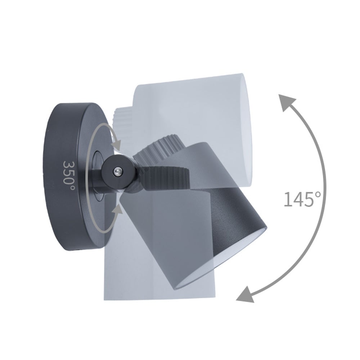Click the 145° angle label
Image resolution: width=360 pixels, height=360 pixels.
pyautogui.click(x=302, y=199)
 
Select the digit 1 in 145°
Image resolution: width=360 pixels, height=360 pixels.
pyautogui.click(x=287, y=199)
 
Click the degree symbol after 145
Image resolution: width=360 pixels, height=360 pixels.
pyautogui.click(x=318, y=194)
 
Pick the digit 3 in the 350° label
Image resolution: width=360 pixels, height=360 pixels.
pyautogui.click(x=68, y=164)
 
